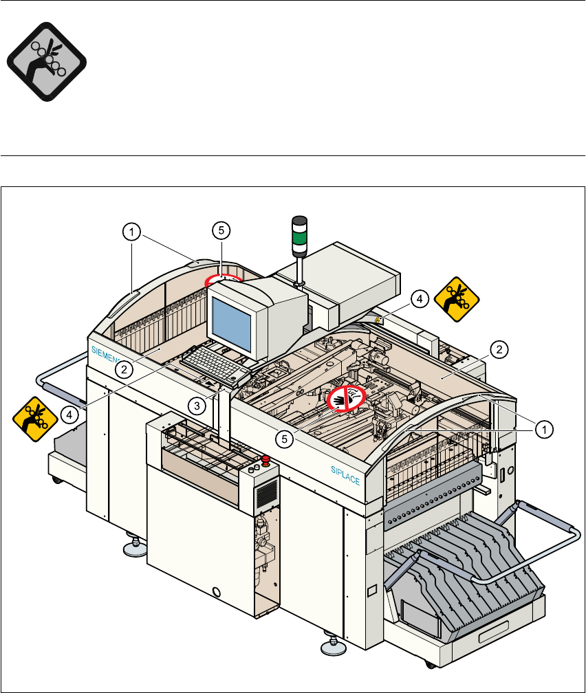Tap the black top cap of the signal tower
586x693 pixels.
click(299, 221)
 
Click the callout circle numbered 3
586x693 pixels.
click(197, 406)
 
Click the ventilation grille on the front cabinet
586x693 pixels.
click(267, 492)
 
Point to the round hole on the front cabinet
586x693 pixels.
click(217, 591)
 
